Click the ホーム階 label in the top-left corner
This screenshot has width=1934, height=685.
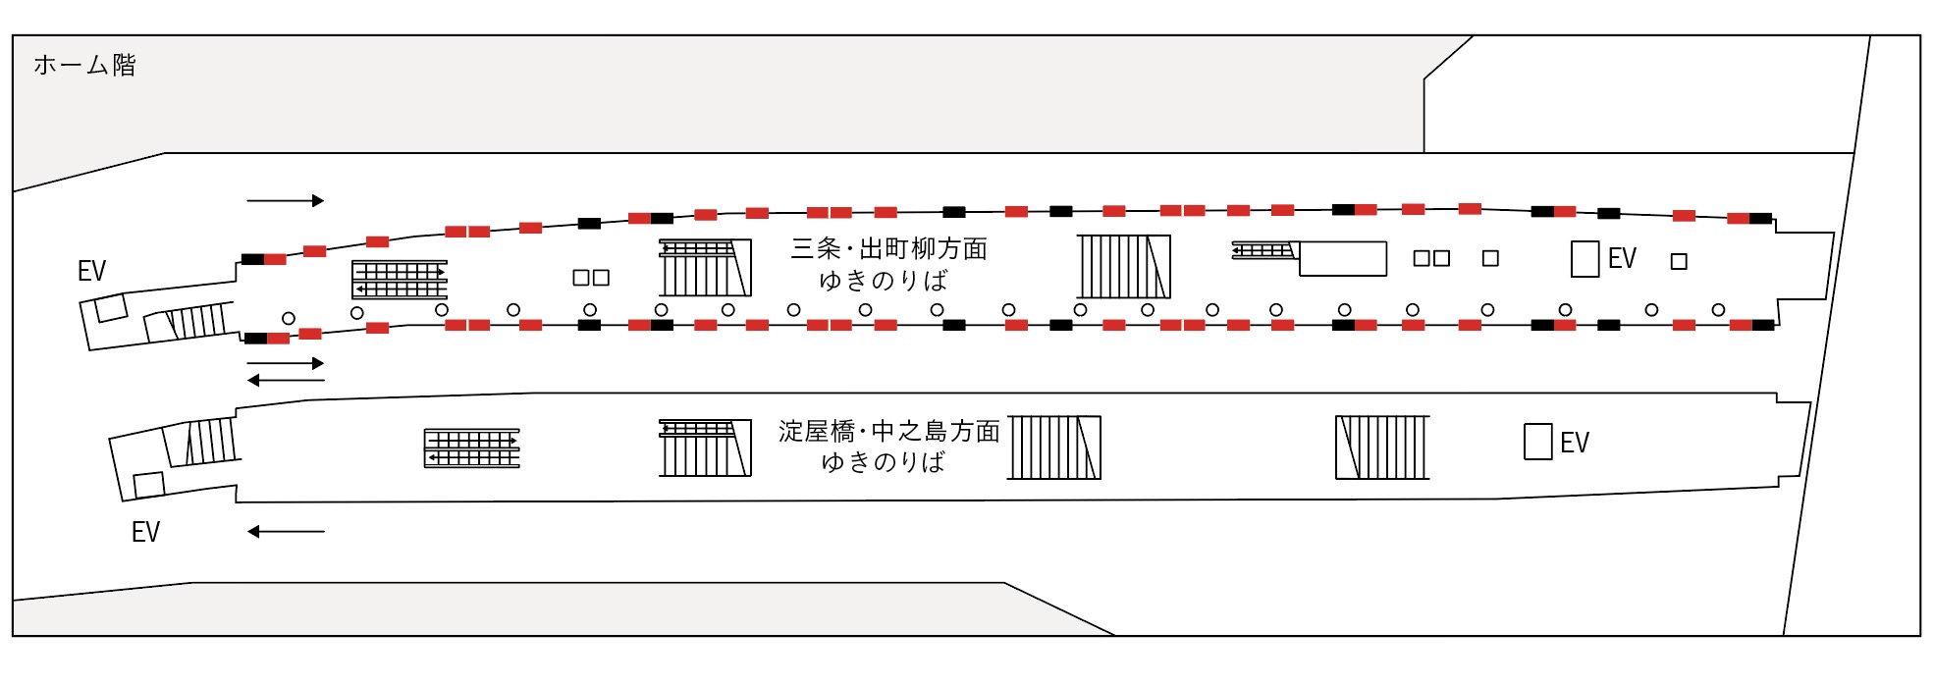tap(84, 66)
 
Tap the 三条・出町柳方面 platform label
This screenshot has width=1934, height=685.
tap(888, 249)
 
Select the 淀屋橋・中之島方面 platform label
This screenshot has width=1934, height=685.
tap(888, 431)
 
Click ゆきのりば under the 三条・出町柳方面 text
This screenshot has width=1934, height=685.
tap(883, 282)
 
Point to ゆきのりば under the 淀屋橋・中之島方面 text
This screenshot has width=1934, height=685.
tap(883, 462)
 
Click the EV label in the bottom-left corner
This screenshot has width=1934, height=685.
tap(145, 532)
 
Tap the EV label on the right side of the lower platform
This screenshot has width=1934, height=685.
tap(1574, 443)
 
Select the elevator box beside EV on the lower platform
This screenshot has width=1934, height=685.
tap(1537, 442)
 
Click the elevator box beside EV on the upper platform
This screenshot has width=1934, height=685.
tap(1585, 259)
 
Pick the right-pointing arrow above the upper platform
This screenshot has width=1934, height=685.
tap(285, 201)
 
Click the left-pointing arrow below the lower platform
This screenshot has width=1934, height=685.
tap(285, 532)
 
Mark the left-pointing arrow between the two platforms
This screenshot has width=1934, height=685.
tap(285, 381)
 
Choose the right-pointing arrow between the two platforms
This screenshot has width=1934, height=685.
tap(285, 363)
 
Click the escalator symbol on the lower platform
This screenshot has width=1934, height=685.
tap(471, 448)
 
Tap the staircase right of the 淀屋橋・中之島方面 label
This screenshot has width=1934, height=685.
tap(1054, 448)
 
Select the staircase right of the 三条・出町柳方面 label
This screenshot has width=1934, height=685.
tap(1124, 266)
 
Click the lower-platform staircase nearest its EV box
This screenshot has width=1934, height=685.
tap(1382, 448)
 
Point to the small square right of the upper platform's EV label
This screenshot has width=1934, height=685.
tap(1679, 262)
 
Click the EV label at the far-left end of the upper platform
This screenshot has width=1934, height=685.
tap(91, 271)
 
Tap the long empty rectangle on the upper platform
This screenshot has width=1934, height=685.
tap(1343, 259)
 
